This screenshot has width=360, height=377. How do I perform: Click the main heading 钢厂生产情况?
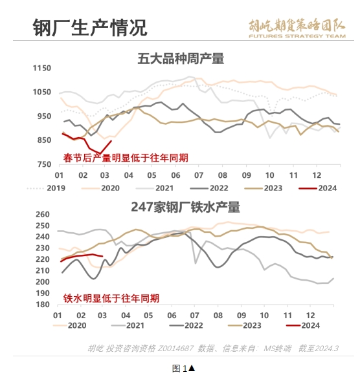[90, 27]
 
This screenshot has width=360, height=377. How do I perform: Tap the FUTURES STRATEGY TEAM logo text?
[297, 36]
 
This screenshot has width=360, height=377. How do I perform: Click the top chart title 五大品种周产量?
[181, 59]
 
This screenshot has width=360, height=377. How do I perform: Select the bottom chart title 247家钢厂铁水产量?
[185, 207]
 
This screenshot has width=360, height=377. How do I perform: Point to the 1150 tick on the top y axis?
[42, 68]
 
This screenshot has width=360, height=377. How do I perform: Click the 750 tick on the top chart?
[44, 164]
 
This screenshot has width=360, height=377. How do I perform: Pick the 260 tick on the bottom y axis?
[43, 214]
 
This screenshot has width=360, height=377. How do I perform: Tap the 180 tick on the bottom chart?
[43, 305]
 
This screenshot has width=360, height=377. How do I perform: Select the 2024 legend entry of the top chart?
[318, 188]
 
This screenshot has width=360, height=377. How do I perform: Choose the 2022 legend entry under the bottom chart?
[186, 325]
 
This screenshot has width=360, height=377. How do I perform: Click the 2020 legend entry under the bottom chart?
[69, 325]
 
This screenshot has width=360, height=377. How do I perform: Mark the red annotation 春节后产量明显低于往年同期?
[126, 158]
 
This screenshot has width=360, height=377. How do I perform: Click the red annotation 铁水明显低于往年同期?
[111, 298]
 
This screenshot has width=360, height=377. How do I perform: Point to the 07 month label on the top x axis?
[199, 175]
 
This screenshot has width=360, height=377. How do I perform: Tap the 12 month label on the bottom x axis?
[310, 315]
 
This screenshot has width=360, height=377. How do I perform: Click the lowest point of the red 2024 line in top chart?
[100, 153]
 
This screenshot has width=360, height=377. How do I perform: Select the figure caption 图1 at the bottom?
[183, 369]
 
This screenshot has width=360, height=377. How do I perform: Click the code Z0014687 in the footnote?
[175, 348]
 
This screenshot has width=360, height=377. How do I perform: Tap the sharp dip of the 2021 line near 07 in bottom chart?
[196, 264]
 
